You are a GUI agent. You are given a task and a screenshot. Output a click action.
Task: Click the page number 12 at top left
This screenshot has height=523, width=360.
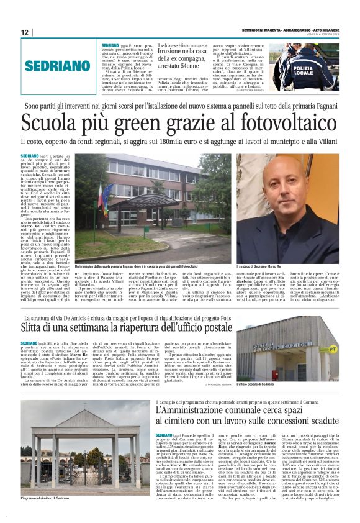click(25, 32)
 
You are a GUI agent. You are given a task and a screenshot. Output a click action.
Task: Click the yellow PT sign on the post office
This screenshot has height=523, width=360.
click(331, 350)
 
